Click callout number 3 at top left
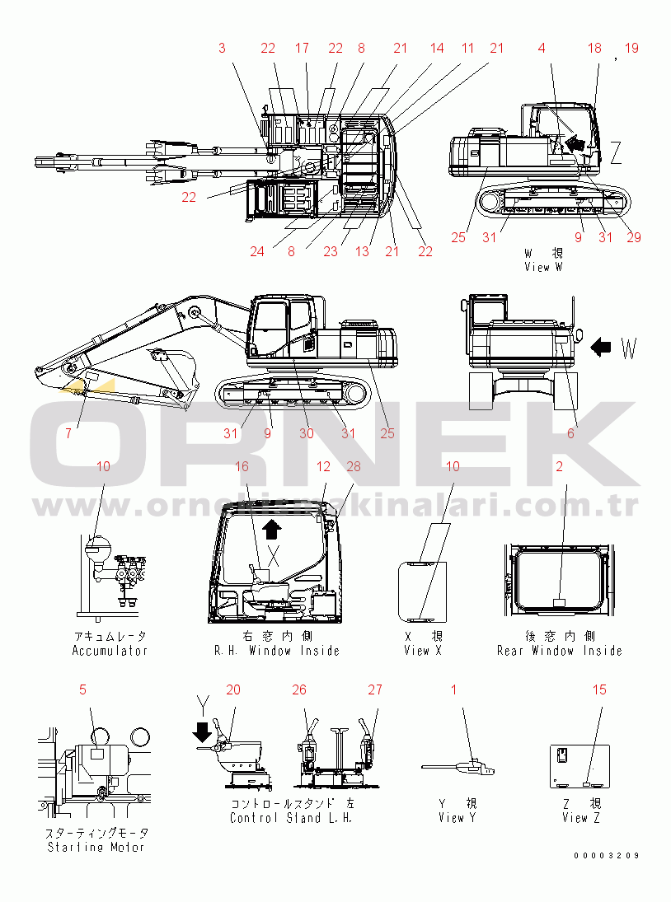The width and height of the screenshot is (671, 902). click(222, 49)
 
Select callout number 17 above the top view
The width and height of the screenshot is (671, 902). click(302, 49)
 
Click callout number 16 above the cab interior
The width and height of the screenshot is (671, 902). click(242, 467)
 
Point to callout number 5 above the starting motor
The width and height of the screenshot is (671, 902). click(82, 689)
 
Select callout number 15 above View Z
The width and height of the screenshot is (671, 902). click(599, 689)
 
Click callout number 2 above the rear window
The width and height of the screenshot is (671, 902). click(560, 467)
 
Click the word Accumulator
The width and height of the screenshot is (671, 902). click(110, 651)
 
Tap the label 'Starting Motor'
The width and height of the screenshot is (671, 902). click(96, 847)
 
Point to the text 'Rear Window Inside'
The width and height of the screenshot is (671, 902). click(559, 651)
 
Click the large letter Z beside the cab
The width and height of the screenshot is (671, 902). click(616, 152)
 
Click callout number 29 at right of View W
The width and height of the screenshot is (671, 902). click(633, 237)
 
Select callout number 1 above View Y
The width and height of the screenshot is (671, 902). click(453, 689)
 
